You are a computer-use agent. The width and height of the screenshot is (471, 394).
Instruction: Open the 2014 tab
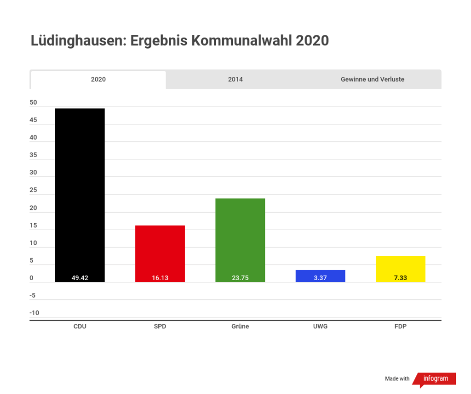tap(235, 79)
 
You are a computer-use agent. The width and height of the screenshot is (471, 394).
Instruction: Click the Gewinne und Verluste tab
tap(372, 79)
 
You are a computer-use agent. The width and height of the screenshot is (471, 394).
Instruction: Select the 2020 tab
tap(98, 79)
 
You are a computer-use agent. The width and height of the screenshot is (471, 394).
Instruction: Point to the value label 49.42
tap(80, 278)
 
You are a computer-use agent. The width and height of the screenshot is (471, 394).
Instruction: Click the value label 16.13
tap(160, 278)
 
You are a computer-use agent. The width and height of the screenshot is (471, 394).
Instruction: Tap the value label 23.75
tap(240, 278)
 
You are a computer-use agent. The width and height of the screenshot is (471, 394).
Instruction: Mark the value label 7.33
tap(400, 278)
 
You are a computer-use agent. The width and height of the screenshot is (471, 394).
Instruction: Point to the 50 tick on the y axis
tap(33, 103)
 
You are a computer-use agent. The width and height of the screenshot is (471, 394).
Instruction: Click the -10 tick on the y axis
tap(34, 313)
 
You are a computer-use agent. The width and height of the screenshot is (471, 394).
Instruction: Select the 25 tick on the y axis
tap(33, 191)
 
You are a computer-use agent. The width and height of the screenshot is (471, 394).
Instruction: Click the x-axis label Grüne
tap(240, 327)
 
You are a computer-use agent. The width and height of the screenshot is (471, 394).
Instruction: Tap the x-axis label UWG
tap(320, 327)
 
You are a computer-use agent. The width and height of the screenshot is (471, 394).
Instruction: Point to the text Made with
tap(397, 379)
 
